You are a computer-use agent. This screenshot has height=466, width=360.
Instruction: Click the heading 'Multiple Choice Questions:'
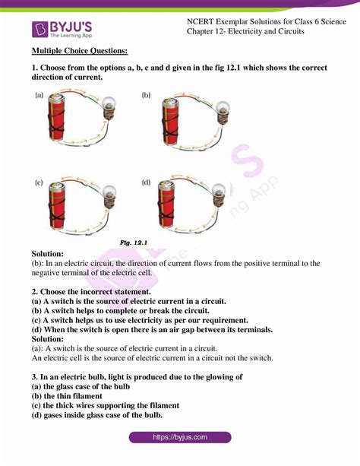[80, 51]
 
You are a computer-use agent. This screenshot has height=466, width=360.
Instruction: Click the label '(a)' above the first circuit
[39, 95]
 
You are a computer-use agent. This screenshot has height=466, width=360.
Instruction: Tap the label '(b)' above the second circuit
[146, 95]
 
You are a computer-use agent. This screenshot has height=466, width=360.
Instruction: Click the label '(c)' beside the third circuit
[39, 183]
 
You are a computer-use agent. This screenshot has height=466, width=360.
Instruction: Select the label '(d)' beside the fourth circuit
[146, 183]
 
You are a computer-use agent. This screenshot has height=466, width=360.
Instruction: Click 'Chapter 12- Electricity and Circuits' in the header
[245, 33]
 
